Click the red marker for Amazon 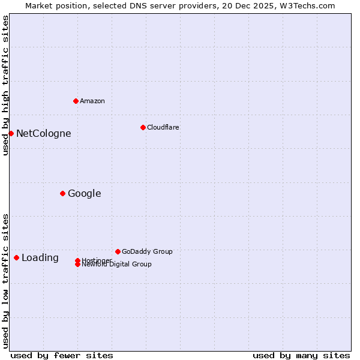[x=76, y=101]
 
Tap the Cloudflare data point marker [x=143, y=127]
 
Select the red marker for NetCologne [x=11, y=133]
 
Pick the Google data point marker [x=62, y=193]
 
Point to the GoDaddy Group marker [x=118, y=251]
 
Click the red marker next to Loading [x=16, y=257]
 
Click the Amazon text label [x=92, y=101]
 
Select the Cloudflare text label [x=163, y=127]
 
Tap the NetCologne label [x=43, y=133]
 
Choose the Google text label [x=84, y=193]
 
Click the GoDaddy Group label [x=147, y=251]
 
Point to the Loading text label [x=40, y=257]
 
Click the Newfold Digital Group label [x=116, y=265]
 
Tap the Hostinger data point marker [x=77, y=260]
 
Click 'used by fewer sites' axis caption [x=62, y=355]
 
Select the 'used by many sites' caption [x=301, y=355]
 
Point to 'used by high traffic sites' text [x=5, y=85]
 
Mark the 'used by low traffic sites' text [x=5, y=280]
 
